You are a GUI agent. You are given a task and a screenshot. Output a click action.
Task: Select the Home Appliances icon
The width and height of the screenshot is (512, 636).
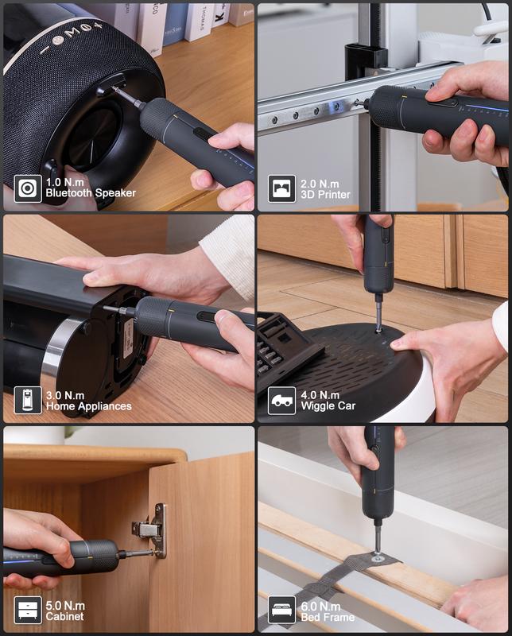pyautogui.click(x=28, y=400)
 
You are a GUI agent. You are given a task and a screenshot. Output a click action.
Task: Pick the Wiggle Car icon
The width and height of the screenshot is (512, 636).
pyautogui.click(x=281, y=400)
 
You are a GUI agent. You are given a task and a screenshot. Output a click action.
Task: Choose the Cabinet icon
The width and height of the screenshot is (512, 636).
pyautogui.click(x=28, y=611)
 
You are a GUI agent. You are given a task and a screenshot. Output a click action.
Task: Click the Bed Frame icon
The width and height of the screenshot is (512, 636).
pyautogui.click(x=281, y=611)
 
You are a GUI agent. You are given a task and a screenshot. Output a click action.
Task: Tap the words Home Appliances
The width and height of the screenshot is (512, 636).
pyautogui.click(x=88, y=406)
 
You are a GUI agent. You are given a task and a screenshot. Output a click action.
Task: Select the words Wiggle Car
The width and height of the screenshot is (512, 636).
pyautogui.click(x=328, y=406)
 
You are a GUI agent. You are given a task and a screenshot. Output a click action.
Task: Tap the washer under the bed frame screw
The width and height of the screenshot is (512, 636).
pyautogui.click(x=377, y=558)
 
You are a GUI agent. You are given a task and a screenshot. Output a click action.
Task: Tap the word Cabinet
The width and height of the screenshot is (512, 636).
pyautogui.click(x=66, y=617)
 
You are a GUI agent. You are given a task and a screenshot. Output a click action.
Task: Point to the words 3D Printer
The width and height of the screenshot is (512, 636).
pyautogui.click(x=325, y=194)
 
